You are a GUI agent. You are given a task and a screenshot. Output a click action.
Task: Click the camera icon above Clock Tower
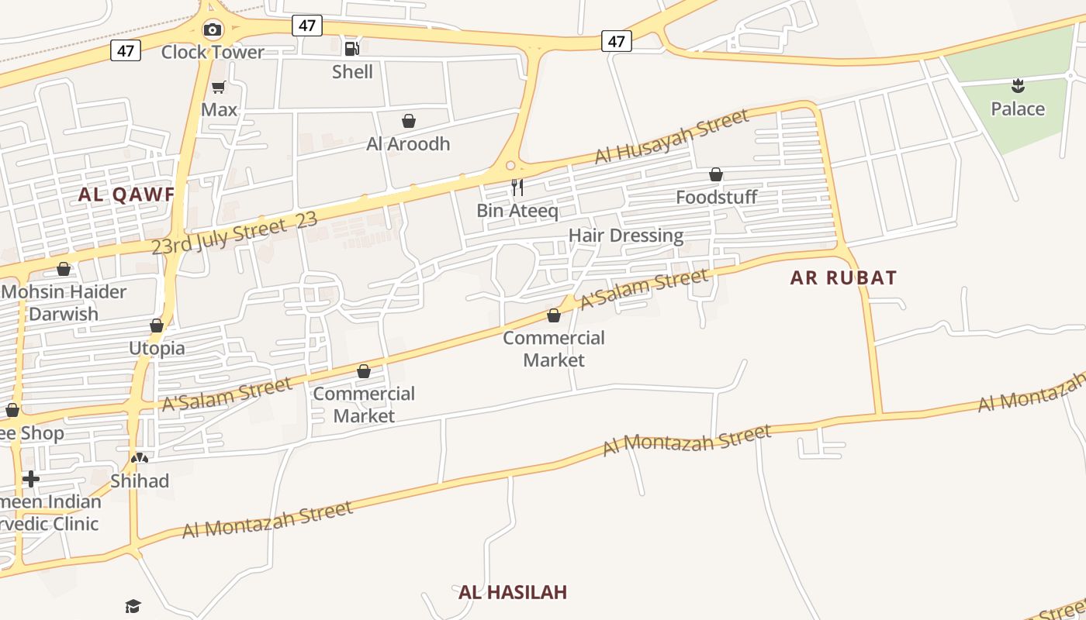[x=212, y=30]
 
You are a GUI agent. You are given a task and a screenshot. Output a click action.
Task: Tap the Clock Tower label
[x=213, y=52]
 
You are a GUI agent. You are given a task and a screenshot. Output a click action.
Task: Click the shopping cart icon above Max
[x=219, y=87]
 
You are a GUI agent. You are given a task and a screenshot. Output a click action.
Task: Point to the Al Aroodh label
[x=408, y=143]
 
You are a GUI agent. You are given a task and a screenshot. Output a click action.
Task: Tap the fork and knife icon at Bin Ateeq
[x=517, y=187]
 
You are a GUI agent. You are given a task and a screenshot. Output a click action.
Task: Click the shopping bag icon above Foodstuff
[x=716, y=175]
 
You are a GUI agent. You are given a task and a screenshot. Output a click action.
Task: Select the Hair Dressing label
[x=626, y=235]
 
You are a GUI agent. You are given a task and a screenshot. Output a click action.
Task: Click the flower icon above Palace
[x=1018, y=86]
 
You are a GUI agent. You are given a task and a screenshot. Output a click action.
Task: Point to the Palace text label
[x=1018, y=108]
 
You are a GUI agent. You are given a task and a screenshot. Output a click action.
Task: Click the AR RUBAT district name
[x=843, y=277]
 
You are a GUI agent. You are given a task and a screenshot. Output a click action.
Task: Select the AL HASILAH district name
[x=513, y=592]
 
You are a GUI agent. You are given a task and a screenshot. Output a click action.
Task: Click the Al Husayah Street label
[x=672, y=136]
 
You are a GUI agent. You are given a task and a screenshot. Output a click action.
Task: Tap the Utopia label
[x=157, y=348]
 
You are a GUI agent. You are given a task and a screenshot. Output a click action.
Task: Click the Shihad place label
[x=140, y=480]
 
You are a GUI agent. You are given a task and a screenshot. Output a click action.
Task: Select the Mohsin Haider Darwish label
[x=64, y=303]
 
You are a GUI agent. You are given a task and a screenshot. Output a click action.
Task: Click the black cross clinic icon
[x=31, y=479]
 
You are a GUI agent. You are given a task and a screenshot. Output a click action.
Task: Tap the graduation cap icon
[x=133, y=606]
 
